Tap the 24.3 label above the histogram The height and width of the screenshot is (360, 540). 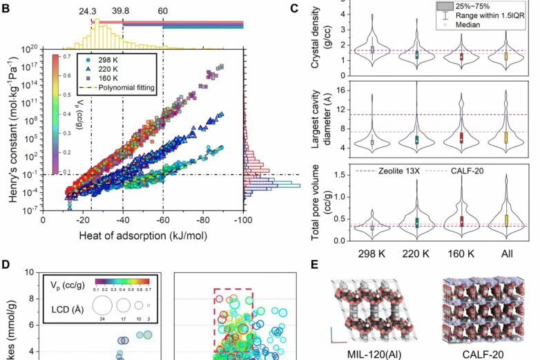pos(87,11)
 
